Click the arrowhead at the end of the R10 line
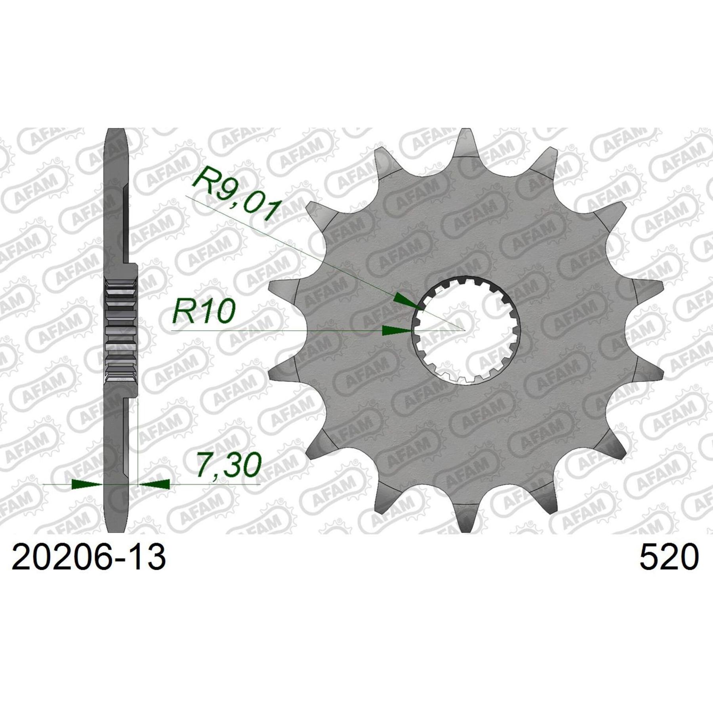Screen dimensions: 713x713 pos(397,331)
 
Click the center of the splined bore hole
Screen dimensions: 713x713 pos(466,330)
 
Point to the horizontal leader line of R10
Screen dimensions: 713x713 pos(277,331)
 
